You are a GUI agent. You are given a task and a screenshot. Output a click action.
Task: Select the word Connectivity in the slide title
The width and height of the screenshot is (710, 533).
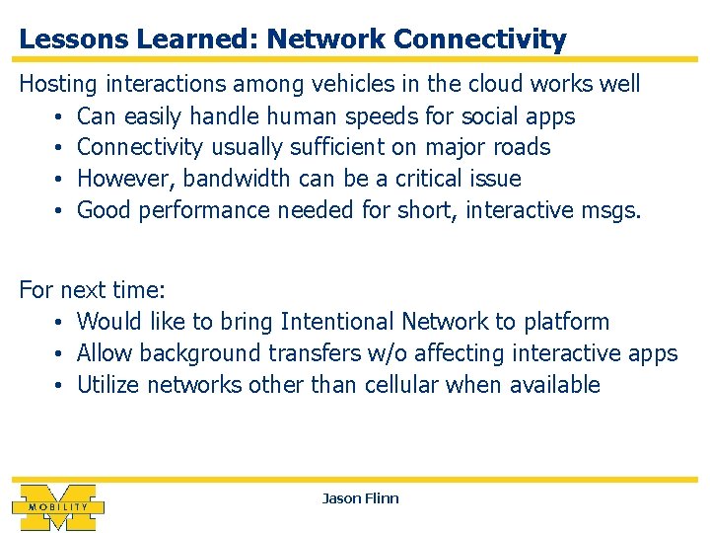pos(479,39)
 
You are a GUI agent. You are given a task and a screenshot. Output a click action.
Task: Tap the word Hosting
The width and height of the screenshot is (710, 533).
pos(58,84)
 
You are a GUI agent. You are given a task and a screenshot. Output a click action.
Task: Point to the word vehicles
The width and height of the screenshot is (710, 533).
pos(317,84)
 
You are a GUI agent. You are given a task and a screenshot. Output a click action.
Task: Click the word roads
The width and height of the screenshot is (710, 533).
pos(522,148)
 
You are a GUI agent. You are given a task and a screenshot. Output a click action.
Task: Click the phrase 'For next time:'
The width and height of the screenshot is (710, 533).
pos(93,290)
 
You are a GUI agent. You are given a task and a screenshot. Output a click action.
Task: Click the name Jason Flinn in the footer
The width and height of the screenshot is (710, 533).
pos(360,498)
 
